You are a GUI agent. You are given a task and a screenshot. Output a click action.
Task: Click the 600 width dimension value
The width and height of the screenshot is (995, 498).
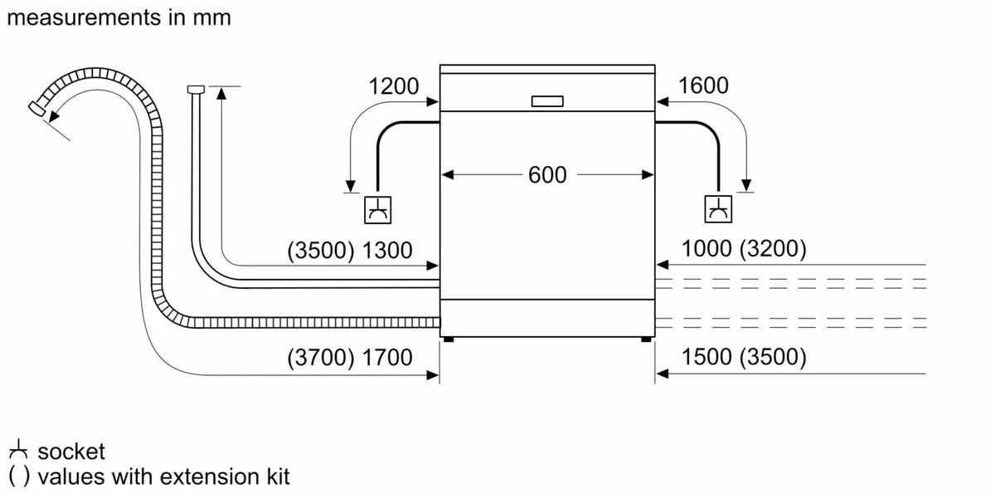[x=547, y=175]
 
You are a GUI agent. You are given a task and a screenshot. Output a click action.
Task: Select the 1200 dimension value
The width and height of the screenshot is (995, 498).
[x=394, y=85]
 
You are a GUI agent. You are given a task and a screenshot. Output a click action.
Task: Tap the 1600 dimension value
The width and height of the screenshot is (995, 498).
[x=703, y=85]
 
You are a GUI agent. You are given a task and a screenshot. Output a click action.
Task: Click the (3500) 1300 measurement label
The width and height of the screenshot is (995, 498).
[x=349, y=251]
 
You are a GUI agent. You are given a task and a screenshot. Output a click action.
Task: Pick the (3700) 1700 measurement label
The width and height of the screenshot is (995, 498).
[x=349, y=358]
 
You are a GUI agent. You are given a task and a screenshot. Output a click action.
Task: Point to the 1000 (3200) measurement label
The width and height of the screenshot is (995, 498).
[x=743, y=249]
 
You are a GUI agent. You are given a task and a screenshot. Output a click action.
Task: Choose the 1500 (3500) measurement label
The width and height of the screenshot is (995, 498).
[x=743, y=358]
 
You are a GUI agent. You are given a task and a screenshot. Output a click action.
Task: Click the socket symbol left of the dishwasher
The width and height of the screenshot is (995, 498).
[x=378, y=210]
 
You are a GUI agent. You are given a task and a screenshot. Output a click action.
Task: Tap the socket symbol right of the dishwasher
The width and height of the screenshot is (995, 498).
[x=718, y=210]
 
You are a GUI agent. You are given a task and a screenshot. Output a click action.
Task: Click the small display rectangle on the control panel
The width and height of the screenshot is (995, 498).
[x=546, y=101]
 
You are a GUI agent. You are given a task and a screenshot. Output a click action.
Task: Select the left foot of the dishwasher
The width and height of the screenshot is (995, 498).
[x=448, y=339]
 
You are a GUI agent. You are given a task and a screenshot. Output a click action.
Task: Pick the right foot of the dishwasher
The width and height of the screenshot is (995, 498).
[x=646, y=339]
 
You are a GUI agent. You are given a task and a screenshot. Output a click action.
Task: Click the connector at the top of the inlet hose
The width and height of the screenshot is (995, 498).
[x=197, y=89]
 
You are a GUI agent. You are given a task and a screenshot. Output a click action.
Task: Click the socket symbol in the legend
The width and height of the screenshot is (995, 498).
[x=18, y=452]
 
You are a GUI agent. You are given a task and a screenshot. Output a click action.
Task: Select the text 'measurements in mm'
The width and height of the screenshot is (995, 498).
[x=119, y=17]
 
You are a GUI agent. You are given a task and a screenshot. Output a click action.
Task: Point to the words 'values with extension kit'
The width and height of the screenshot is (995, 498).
[x=163, y=477]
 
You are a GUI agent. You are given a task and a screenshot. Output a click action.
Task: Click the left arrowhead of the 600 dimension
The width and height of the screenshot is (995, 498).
[x=445, y=175]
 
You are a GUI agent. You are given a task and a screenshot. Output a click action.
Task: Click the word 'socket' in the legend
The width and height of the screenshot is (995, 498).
[x=71, y=452]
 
